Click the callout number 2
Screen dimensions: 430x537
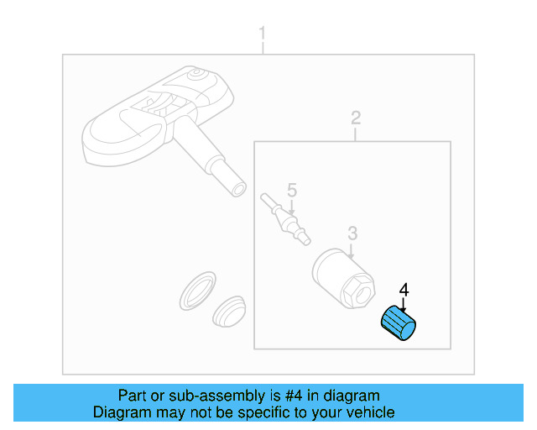(356, 117)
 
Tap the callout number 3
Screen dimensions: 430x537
(352, 232)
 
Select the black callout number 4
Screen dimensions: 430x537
(404, 290)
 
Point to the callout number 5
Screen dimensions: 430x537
(292, 189)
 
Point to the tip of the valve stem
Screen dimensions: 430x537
(238, 187)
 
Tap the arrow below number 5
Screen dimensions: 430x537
(292, 206)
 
